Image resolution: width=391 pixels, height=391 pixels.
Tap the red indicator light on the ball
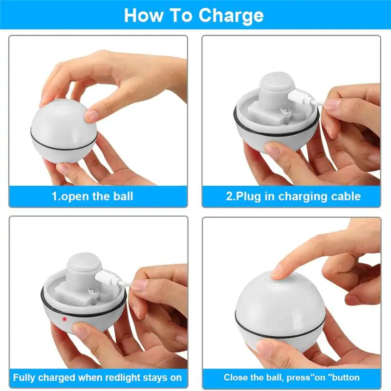point(64,320)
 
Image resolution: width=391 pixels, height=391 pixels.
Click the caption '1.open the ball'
point(92,196)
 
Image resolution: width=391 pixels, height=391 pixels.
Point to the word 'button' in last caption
point(344,378)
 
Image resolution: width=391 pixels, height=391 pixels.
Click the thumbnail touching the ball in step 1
point(91,116)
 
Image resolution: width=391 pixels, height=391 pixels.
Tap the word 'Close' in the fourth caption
point(237,378)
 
